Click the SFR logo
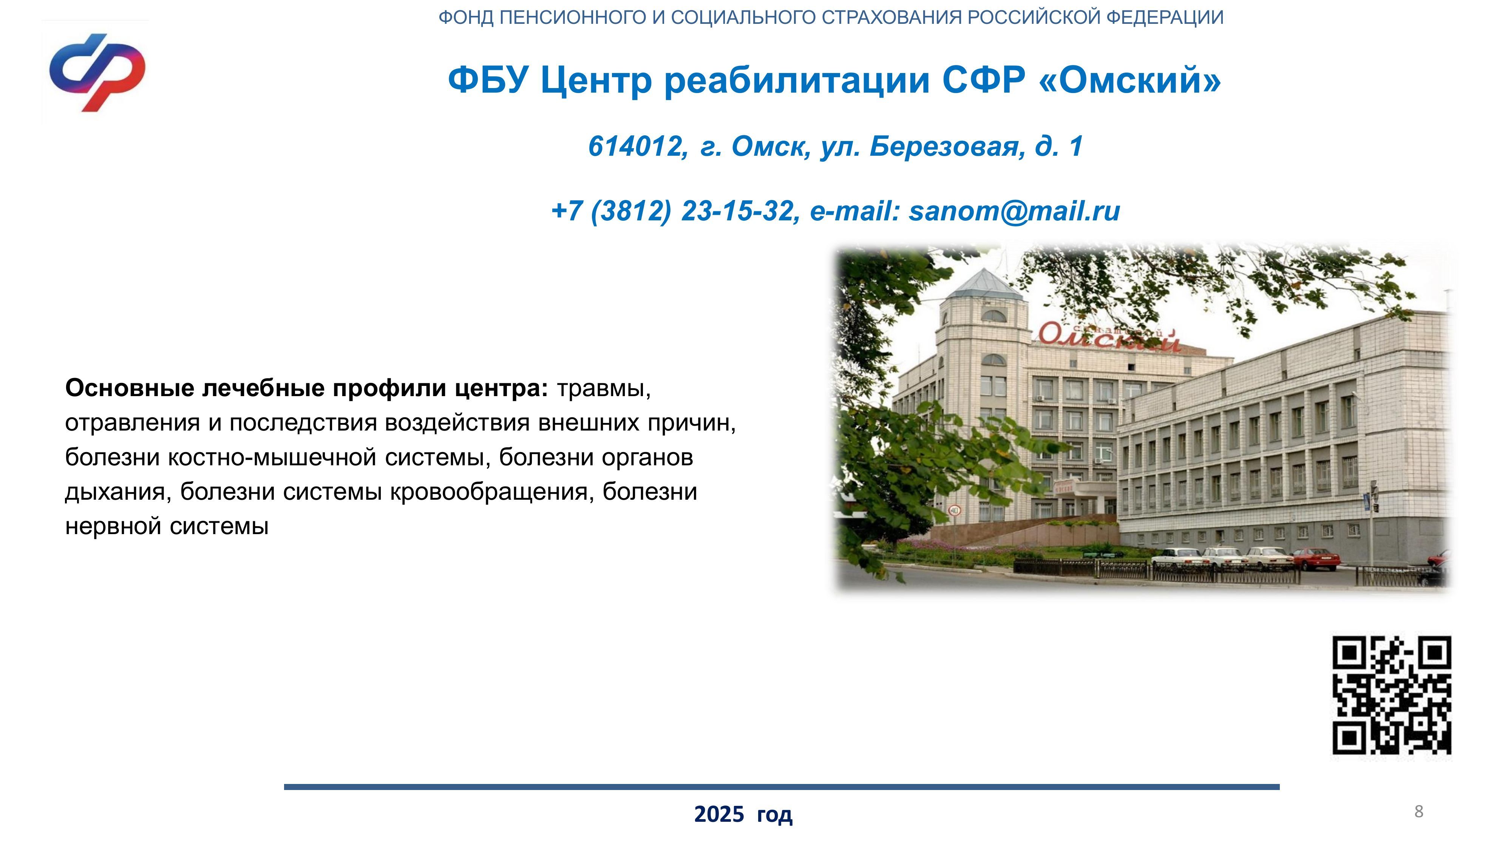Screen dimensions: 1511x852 [97, 73]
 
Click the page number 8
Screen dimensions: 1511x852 [1419, 812]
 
